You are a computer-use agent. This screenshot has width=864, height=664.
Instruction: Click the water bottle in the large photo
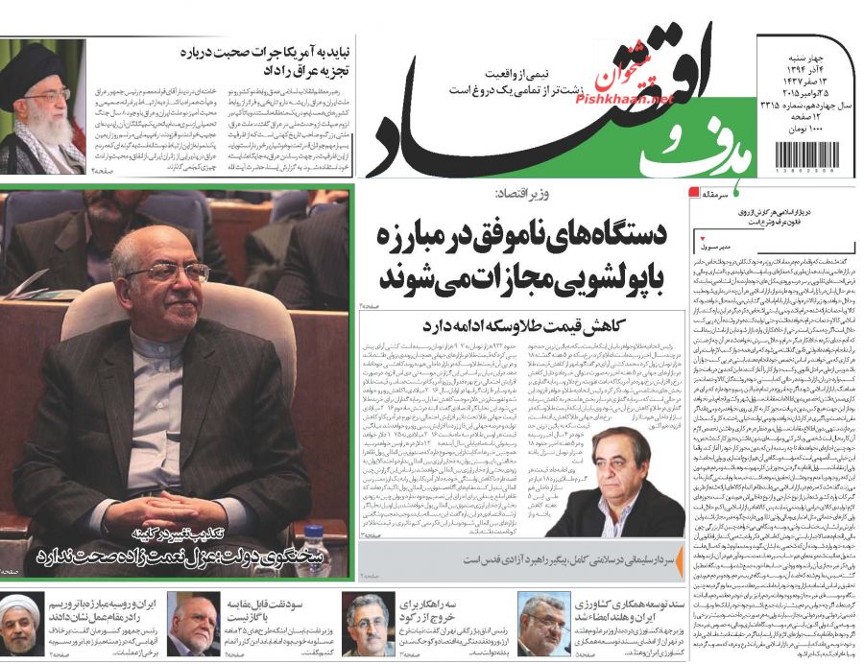click(314, 537)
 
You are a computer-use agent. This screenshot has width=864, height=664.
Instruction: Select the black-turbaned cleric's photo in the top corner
click(40, 106)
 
